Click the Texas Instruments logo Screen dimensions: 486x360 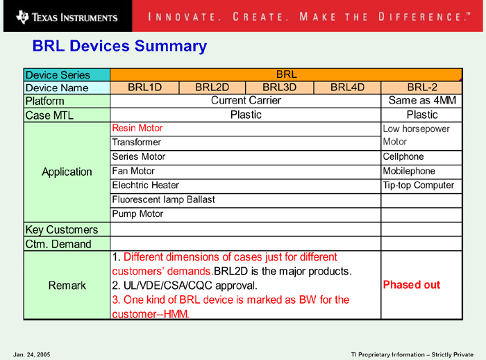67,17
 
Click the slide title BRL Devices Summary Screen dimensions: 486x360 119,47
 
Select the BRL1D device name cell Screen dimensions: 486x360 144,88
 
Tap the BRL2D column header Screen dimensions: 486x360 212,88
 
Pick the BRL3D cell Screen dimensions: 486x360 280,88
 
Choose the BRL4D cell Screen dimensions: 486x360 347,88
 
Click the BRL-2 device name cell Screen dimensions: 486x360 422,88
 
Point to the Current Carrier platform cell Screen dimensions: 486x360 246,101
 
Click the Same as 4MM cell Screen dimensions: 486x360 422,101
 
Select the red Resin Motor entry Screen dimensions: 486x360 137,128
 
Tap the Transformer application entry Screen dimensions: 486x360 136,142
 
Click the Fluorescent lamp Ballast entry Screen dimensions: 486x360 163,199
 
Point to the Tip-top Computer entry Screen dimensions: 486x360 419,186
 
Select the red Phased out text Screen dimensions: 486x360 412,285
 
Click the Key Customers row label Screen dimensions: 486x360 62,230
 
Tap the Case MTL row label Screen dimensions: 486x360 49,115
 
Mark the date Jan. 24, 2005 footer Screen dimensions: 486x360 32,354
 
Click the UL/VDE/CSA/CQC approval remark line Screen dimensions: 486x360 185,286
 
